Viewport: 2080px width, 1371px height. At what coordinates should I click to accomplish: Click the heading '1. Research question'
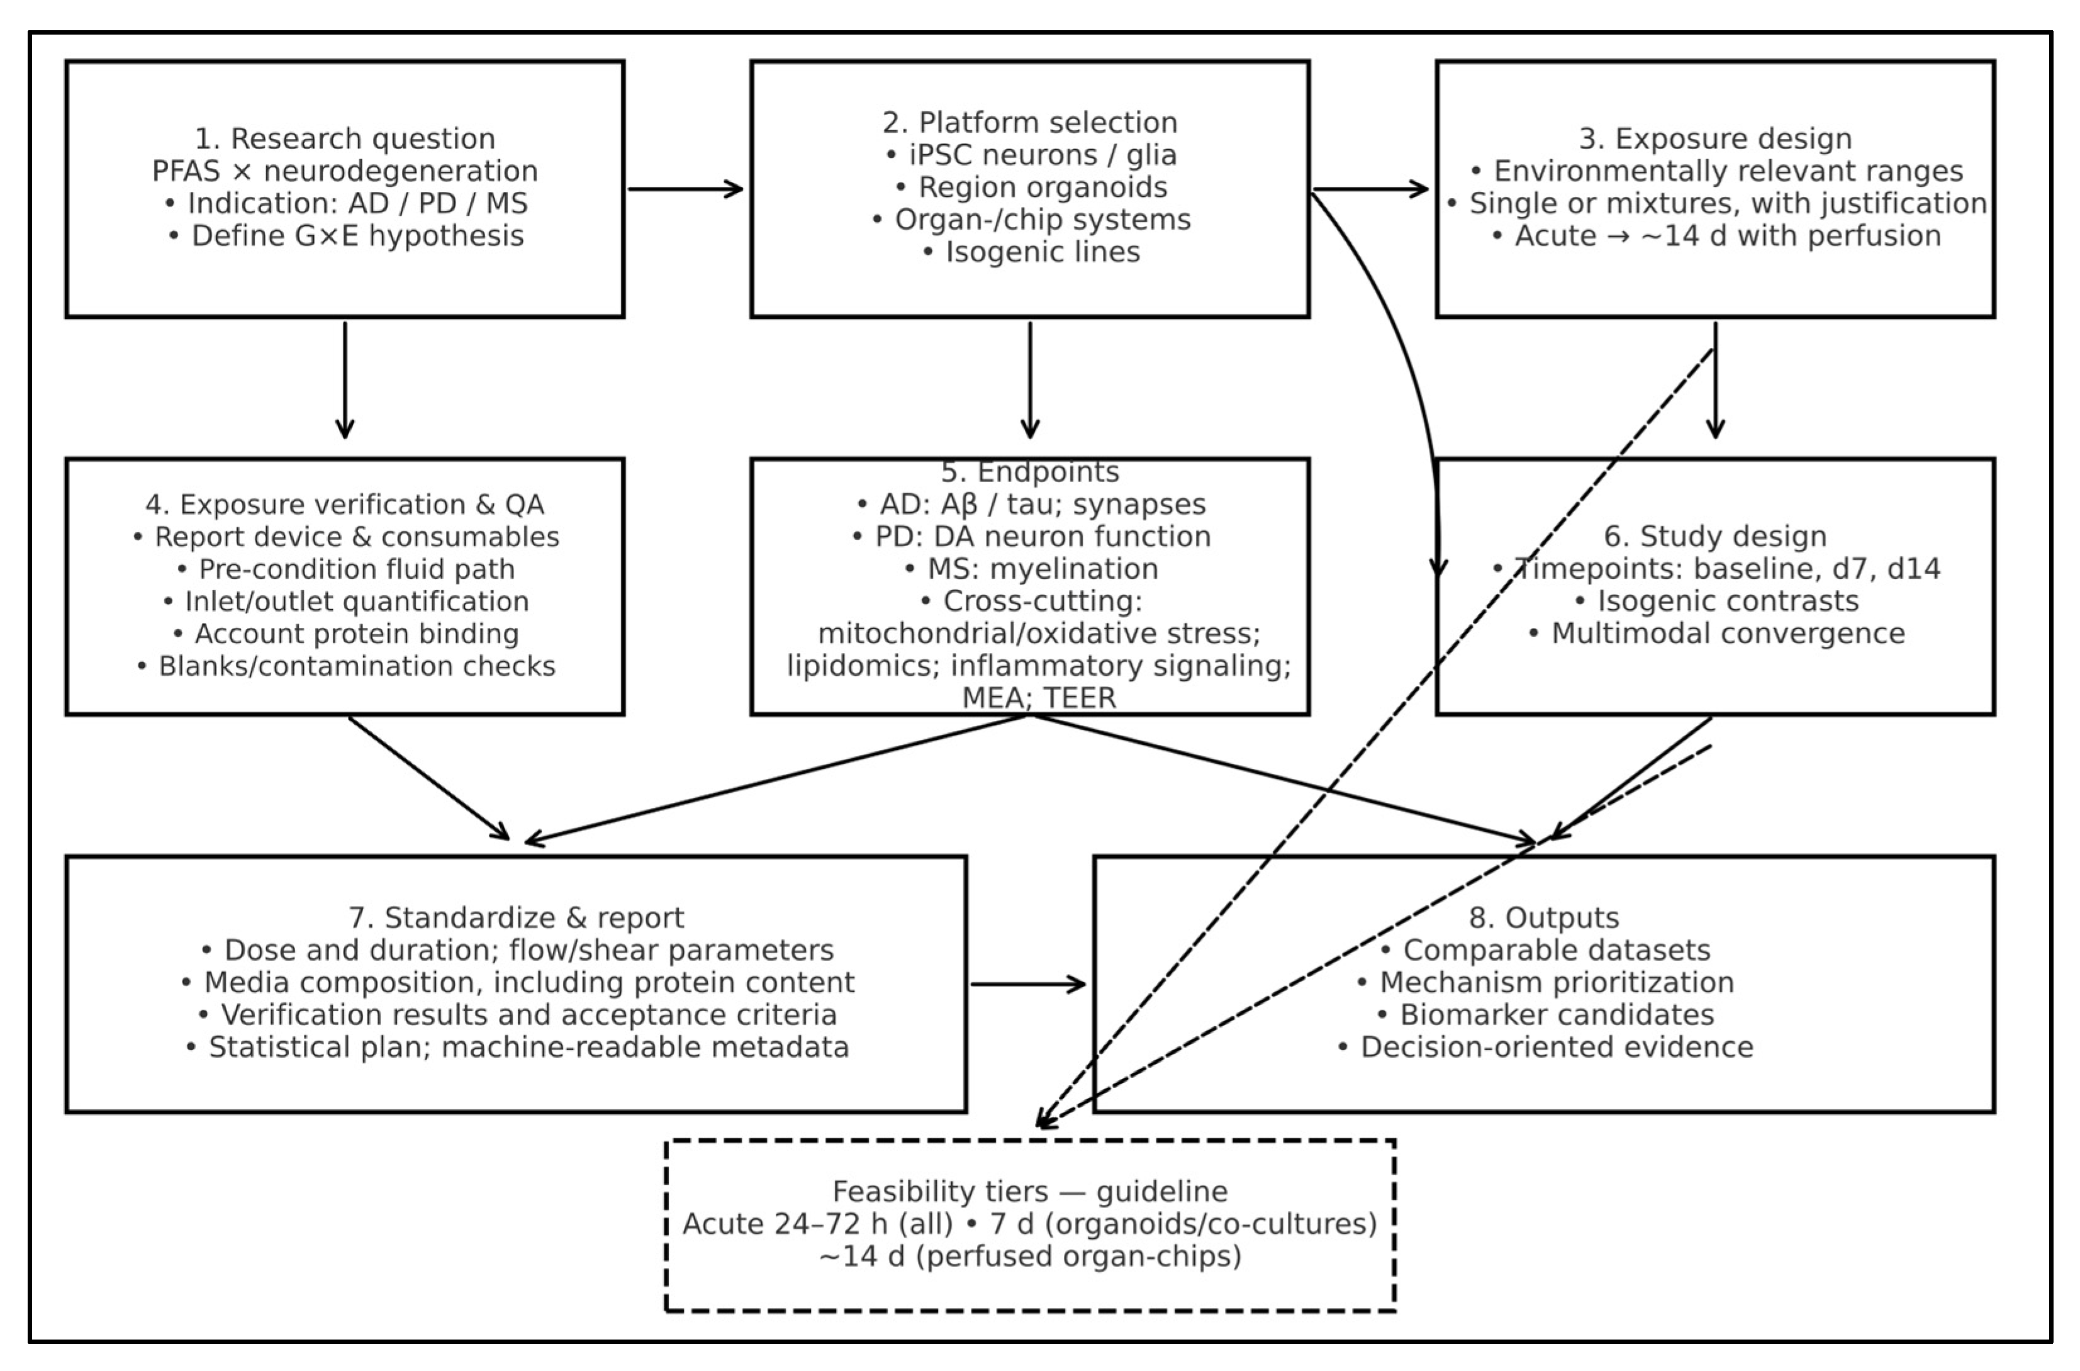(345, 139)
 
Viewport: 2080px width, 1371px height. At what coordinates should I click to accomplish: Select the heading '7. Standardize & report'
(516, 918)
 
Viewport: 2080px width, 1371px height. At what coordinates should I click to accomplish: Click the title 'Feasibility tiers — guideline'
(1029, 1192)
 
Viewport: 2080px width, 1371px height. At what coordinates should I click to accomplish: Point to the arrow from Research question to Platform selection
(685, 189)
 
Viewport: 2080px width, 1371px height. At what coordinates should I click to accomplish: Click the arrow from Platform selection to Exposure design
(1370, 189)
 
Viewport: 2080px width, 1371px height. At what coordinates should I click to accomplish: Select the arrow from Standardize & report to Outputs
(1028, 985)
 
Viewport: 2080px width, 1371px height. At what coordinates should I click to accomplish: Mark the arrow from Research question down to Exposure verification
(345, 381)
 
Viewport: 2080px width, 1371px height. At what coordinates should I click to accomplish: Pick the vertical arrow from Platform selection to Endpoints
(1030, 381)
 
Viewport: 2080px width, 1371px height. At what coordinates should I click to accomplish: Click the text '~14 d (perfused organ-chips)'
(1029, 1256)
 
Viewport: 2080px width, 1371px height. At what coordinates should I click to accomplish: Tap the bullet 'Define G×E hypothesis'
(345, 236)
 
